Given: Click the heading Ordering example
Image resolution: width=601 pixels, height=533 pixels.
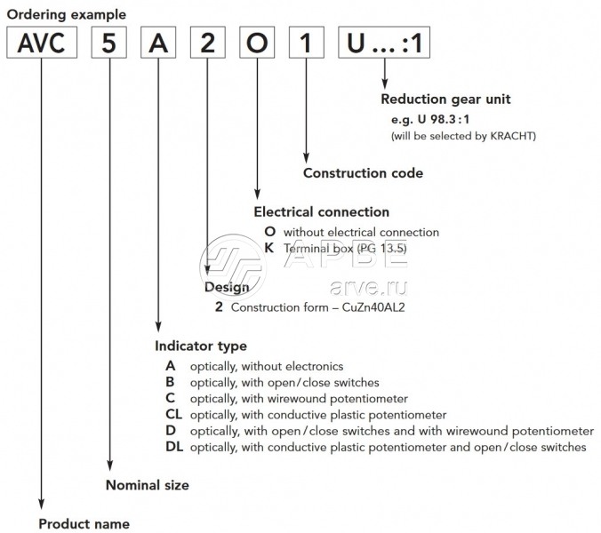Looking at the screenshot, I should pyautogui.click(x=67, y=14).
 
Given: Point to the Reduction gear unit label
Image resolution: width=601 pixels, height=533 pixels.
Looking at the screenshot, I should pyautogui.click(x=445, y=99).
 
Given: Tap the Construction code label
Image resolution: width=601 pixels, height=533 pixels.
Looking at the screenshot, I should pyautogui.click(x=363, y=172).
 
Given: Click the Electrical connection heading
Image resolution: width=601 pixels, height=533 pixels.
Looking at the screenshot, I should pyautogui.click(x=321, y=212).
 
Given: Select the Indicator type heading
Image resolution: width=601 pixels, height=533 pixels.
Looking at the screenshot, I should pyautogui.click(x=201, y=346).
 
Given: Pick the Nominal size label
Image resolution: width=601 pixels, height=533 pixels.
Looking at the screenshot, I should pyautogui.click(x=148, y=485).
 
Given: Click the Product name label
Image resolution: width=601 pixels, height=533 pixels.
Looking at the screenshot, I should pyautogui.click(x=84, y=523).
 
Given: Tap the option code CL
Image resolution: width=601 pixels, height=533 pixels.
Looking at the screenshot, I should pyautogui.click(x=173, y=415).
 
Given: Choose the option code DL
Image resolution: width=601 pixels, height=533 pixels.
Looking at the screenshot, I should pyautogui.click(x=174, y=447).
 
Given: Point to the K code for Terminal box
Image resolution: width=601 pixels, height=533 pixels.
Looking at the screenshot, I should pyautogui.click(x=269, y=249).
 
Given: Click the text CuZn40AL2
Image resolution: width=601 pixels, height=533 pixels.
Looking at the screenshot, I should pyautogui.click(x=382, y=307).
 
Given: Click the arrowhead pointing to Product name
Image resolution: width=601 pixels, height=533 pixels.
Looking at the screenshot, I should pyautogui.click(x=43, y=504).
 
